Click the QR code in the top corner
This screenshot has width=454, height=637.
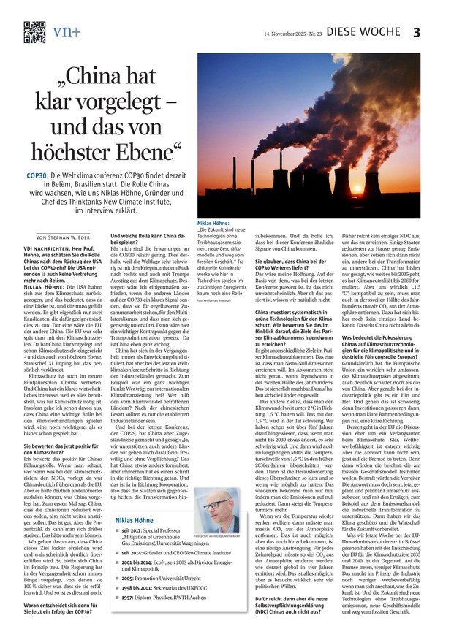pyautogui.click(x=34, y=31)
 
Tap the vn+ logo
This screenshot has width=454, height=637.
pyautogui.click(x=67, y=31)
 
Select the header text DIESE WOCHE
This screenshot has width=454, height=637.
pyautogui.click(x=363, y=32)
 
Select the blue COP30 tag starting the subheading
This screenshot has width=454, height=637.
pyautogui.click(x=38, y=177)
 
